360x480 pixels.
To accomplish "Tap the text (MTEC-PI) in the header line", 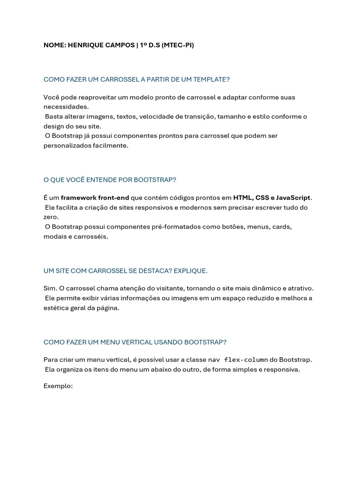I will (x=178, y=45).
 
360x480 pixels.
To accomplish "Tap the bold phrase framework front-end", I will (x=95, y=198).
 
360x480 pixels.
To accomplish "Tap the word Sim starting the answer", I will (x=50, y=288).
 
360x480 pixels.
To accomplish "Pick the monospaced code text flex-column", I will (x=246, y=360).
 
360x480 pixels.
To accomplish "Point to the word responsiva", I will (x=282, y=369).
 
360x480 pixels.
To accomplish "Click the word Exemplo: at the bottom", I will (x=58, y=386).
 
